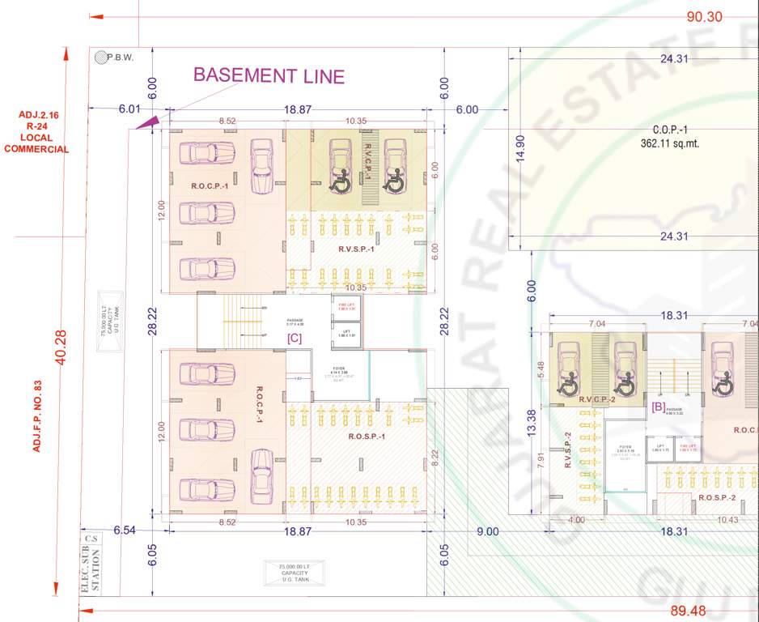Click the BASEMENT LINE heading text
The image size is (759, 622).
[269, 76]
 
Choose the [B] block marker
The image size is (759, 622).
[659, 407]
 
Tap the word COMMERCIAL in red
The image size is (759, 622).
[36, 149]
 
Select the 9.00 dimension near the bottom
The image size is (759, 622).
[487, 531]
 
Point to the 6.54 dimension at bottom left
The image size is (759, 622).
[124, 530]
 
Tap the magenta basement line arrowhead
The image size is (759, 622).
[146, 122]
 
